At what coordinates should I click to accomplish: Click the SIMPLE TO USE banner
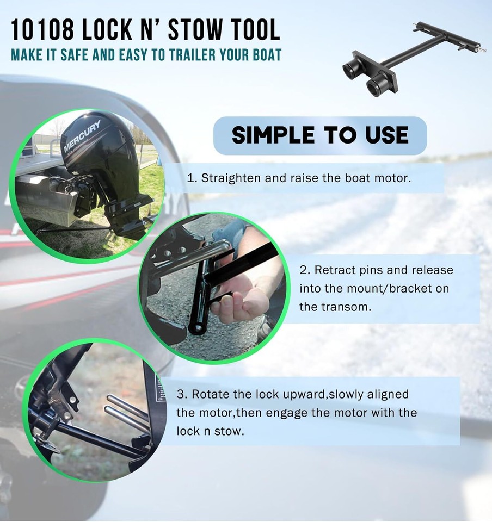[320, 135]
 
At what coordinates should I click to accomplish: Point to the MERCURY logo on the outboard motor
[82, 138]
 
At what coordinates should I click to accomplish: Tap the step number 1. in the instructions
[192, 178]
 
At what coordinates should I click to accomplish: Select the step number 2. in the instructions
[304, 270]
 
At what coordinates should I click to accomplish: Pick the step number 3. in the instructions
[181, 394]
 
